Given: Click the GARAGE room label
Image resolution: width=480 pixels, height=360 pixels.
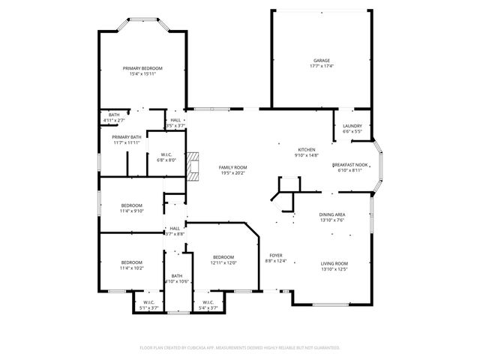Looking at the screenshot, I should point(321,61).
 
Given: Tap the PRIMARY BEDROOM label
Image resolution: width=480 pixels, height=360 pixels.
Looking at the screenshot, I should point(142,68).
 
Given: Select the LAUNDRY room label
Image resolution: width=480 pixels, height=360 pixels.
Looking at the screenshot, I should point(352,126).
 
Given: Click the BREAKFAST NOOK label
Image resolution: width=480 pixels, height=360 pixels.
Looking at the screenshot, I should point(350,164).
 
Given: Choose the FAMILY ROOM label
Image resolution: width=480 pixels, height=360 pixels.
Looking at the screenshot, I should point(232,167).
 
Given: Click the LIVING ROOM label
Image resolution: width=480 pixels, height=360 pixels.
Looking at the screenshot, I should point(334,263).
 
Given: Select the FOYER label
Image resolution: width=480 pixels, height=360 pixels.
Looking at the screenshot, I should point(276,256).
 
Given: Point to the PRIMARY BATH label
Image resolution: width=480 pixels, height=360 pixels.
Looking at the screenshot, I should point(126,137).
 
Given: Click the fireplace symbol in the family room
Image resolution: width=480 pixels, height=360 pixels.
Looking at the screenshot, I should point(194,166).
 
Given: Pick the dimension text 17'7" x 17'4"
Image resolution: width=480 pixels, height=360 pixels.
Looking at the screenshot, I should point(321,67).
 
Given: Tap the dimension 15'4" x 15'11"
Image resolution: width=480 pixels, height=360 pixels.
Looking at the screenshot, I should point(142,74).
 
